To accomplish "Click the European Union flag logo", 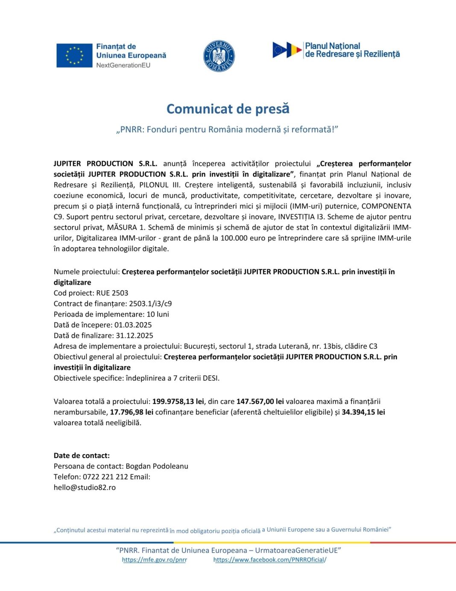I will coord(74,56).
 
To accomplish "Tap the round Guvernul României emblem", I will coord(219,56).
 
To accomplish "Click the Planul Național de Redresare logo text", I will coord(352,50).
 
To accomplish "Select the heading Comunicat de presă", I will coord(228,109).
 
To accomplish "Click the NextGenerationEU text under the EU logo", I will coord(123,65).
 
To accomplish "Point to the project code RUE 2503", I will coord(112,293).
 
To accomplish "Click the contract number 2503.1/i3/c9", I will coord(150,304).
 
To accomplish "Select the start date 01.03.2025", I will coord(133,325).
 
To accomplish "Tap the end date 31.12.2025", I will coord(134,336).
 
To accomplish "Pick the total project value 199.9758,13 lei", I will coord(178,402).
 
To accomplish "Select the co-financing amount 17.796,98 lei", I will coord(132,412).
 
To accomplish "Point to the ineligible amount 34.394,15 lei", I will coord(363,412).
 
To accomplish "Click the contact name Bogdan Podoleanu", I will coord(157,466).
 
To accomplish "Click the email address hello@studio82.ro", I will coord(85,488).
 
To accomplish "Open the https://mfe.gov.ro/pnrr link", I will coord(155,560).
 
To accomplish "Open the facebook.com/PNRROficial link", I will coord(269,560).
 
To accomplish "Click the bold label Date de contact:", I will coord(82,456).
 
